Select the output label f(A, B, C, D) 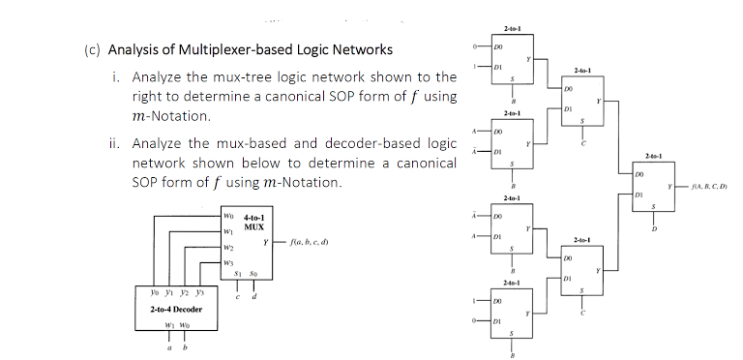[707, 186]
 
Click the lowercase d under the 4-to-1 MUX [256, 282]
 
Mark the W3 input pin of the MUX [228, 259]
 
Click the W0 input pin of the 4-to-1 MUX [228, 216]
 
